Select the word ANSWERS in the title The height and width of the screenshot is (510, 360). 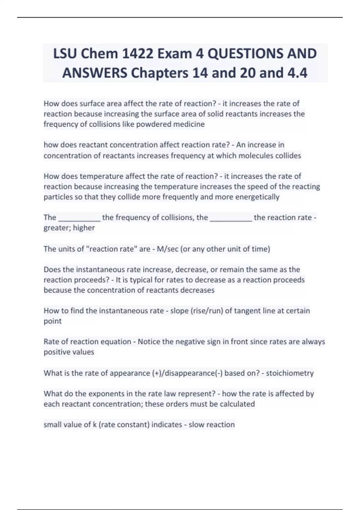(95, 73)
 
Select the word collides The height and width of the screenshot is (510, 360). (288, 156)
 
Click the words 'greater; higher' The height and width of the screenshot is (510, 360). (69, 228)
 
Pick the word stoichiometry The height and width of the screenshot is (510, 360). (290, 373)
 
